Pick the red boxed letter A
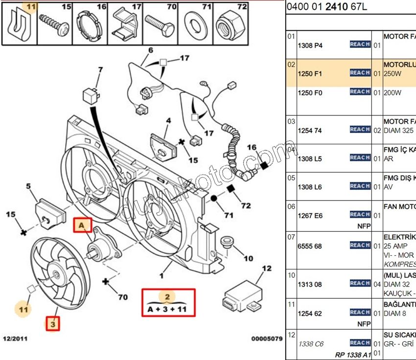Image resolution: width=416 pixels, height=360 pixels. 82,225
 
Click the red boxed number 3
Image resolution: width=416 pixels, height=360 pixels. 53,323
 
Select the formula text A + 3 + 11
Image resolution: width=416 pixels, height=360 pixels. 167,309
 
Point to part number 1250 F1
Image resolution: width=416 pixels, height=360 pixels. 310,74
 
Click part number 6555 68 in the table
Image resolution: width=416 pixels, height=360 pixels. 310,246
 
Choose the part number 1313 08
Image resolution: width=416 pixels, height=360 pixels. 310,284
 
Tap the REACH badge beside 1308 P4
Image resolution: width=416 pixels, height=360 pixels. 360,45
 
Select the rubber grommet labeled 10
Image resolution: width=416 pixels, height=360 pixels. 227,243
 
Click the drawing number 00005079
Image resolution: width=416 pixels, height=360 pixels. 266,338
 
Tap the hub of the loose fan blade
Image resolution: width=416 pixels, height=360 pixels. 54,275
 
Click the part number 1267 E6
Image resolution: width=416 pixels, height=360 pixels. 310,216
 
